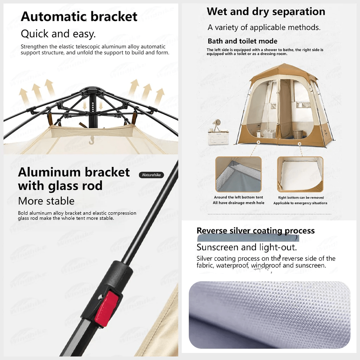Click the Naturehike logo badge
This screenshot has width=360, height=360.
pos(151,175)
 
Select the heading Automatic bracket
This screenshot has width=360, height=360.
pos(79,17)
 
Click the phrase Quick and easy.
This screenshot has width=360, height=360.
pos(58,34)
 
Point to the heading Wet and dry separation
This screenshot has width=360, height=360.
pos(266,12)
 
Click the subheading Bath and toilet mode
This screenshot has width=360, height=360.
pos(243,41)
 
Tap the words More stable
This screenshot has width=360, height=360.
pos(46,201)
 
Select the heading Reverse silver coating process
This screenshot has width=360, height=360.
pos(256,231)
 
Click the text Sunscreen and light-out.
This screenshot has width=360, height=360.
pos(247,247)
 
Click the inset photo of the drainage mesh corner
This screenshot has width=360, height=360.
pos(238,174)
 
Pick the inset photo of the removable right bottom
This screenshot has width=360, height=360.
pos(300,174)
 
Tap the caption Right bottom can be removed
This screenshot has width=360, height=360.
pos(301,198)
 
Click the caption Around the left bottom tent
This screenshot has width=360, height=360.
pos(238,197)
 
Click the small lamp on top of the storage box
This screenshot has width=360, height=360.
pos(217,124)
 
